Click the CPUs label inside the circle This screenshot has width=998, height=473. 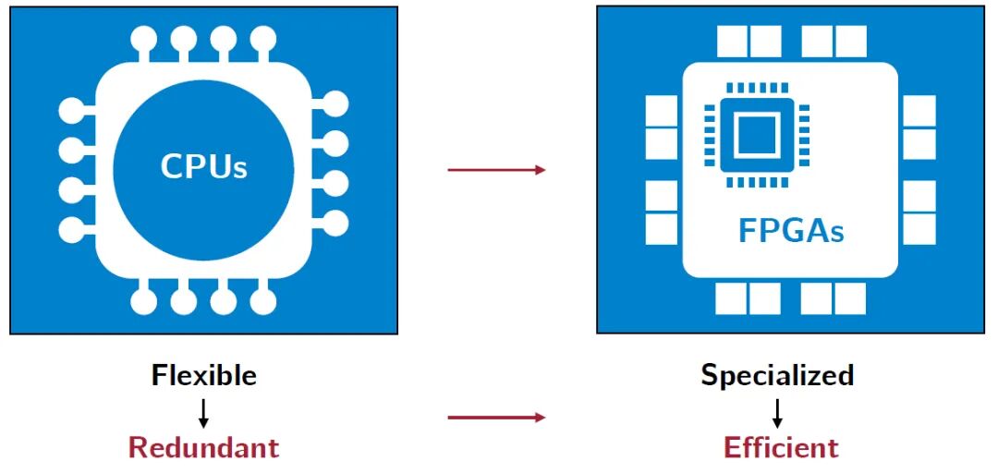pos(204,167)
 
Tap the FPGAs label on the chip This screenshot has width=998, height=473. pos(791,229)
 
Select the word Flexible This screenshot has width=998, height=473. pos(204,375)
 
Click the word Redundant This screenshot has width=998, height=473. pos(203,447)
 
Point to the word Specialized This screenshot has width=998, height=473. pos(777,375)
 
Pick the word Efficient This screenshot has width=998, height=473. pos(781,447)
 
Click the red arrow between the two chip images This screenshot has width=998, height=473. pos(496,170)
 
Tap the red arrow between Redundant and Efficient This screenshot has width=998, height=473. pos(496,418)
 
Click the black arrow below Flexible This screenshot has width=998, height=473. pos(203,411)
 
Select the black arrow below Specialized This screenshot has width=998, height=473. pos(778,411)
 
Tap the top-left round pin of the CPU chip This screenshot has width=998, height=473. pos(144,38)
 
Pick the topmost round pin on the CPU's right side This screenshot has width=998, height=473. pos(335,103)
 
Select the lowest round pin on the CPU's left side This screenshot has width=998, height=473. pos(71,228)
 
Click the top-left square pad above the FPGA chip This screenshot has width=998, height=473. pos(733,41)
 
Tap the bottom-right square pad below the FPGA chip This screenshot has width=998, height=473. pos(850,298)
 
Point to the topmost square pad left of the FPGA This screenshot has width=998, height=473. pos(662,111)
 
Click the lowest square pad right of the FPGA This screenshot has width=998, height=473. pos(919,229)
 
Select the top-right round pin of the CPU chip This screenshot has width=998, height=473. pos(263,38)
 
